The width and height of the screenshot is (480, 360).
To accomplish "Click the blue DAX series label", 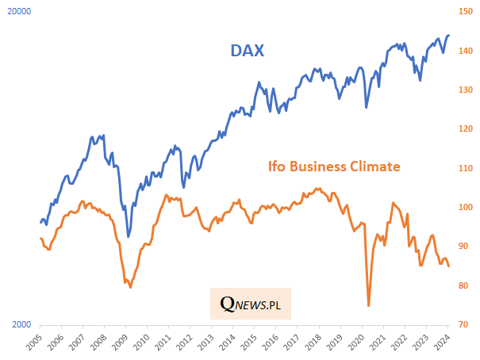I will [247, 51].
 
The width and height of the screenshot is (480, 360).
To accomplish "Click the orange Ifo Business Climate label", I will [332, 167].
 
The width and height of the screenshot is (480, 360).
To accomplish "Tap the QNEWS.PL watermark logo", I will [251, 303].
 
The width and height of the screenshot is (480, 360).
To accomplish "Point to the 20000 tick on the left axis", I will [18, 12].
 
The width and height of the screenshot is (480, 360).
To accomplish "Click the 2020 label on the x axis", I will [355, 343].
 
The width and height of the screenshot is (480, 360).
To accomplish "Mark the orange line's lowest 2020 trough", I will [369, 305].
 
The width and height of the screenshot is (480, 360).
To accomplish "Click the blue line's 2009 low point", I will [129, 236].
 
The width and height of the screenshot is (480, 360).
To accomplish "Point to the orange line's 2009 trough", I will [130, 287].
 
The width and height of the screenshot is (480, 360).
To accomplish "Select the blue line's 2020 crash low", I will [366, 108].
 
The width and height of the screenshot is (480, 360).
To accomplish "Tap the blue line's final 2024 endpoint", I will [449, 35].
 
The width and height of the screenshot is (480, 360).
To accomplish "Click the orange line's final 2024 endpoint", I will [449, 266].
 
